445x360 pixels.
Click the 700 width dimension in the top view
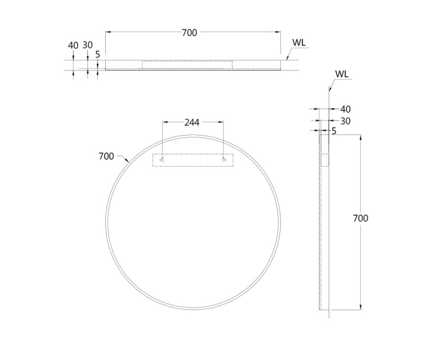(189, 33)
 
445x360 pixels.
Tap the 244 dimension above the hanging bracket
(192, 122)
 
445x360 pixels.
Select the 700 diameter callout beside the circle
(106, 156)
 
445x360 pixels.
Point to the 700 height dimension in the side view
(360, 218)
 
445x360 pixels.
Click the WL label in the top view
(299, 43)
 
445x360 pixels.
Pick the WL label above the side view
(342, 74)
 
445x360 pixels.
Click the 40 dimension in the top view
(73, 45)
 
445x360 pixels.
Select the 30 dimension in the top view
(88, 45)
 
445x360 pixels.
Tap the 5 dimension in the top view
(98, 54)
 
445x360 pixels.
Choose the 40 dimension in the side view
(345, 110)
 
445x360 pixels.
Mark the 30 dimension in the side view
(345, 121)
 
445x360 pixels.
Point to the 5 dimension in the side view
(334, 131)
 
